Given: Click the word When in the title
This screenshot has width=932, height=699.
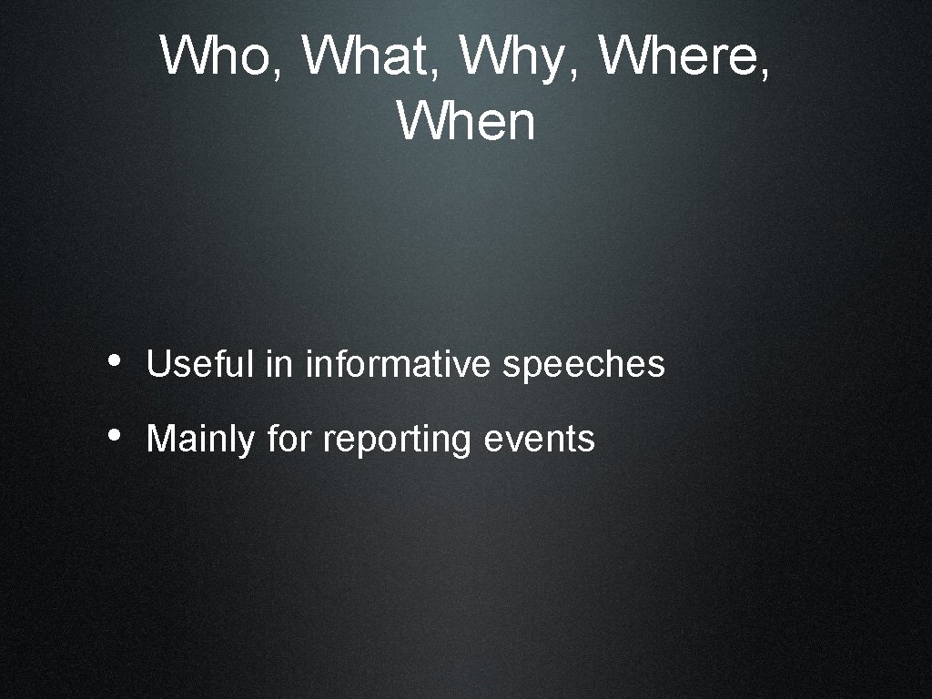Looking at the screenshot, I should (466, 121).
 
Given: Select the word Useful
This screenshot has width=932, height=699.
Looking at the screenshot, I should (200, 365).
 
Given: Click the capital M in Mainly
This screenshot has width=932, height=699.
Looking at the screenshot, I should (158, 439).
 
